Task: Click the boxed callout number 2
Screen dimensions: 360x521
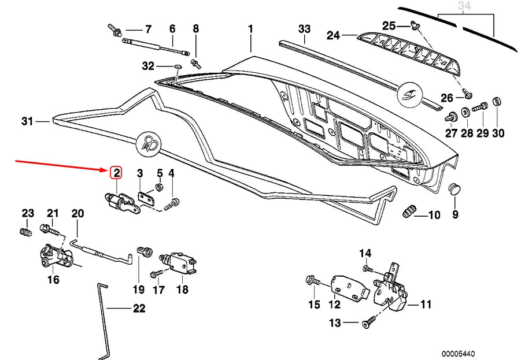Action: [x=116, y=172]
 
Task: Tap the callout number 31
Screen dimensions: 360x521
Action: [x=27, y=121]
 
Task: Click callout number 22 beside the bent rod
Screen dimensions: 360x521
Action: [x=139, y=309]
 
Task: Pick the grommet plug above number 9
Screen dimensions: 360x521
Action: [x=455, y=190]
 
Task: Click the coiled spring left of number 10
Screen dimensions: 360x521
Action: [x=408, y=212]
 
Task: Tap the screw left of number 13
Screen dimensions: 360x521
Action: [x=368, y=324]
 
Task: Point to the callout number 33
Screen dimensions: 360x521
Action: [x=305, y=29]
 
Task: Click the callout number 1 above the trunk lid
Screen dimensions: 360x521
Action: [x=251, y=28]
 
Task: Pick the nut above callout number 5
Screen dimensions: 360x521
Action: [x=160, y=188]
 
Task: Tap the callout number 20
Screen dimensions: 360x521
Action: [x=78, y=214]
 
